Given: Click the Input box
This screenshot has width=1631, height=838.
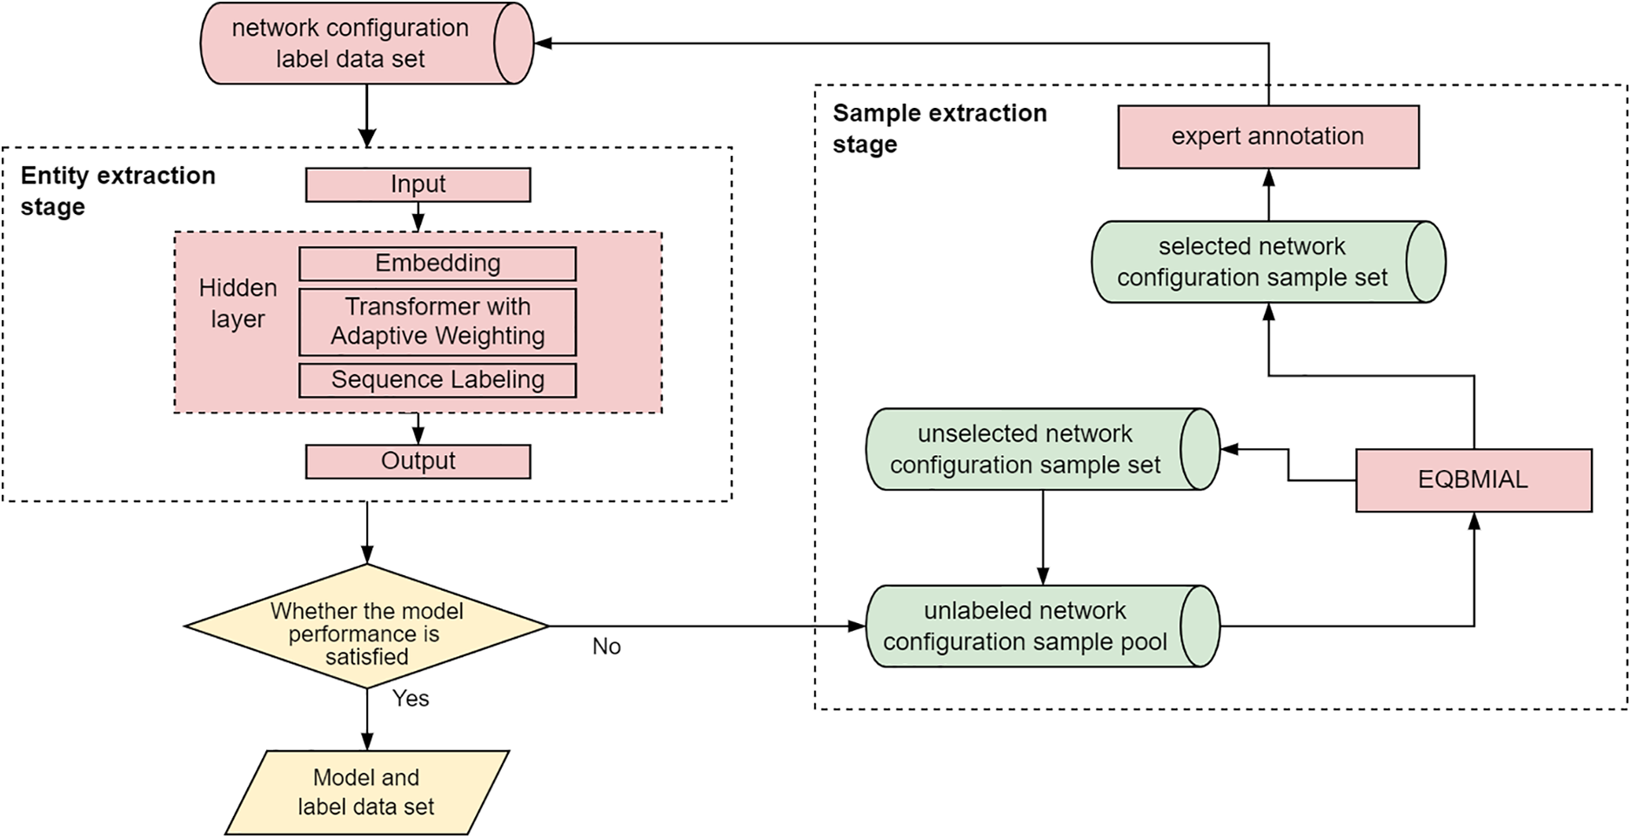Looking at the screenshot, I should [418, 184].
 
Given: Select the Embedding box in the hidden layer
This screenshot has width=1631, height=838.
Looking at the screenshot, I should [438, 264].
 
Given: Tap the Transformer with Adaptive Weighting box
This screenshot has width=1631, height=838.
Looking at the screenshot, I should [438, 322].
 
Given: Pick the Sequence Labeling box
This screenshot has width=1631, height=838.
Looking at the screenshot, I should [438, 380].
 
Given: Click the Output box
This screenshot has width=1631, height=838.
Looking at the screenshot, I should [418, 461].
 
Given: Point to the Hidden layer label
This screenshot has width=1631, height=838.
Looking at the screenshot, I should [237, 303].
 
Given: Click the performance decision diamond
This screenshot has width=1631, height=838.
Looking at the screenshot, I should [366, 627].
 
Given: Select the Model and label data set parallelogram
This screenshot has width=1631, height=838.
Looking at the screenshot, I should [366, 792].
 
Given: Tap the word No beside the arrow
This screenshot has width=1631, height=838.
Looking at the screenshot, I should [606, 647].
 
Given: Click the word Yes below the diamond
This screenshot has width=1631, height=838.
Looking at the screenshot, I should [410, 699].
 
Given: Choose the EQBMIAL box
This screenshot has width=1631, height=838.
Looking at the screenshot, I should [1474, 480].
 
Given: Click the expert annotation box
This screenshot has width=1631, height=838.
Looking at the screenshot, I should [1267, 137].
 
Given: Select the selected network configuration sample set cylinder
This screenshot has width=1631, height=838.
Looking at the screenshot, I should [1253, 262].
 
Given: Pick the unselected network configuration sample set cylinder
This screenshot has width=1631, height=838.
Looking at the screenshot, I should [1026, 449].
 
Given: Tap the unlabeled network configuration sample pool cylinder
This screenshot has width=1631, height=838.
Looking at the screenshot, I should [1026, 627].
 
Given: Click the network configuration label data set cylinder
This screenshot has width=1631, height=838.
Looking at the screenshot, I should [351, 44].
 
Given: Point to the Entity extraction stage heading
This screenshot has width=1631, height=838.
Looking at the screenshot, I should [117, 191].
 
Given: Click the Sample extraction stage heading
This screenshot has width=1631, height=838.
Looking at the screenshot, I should [939, 128].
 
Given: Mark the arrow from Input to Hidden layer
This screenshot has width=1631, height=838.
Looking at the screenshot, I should [418, 217].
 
